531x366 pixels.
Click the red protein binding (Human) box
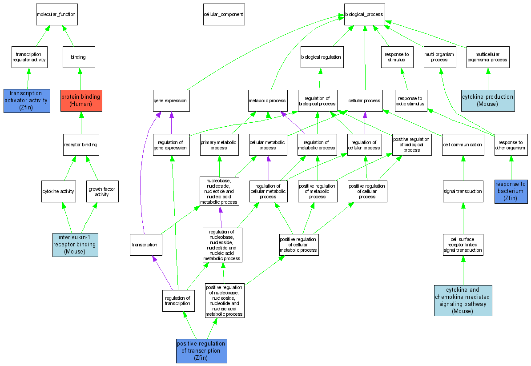(x=80, y=101)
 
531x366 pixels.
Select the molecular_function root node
(x=56, y=14)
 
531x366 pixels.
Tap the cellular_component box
(x=223, y=14)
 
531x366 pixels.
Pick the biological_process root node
(x=364, y=14)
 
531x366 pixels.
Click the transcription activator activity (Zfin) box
(x=27, y=101)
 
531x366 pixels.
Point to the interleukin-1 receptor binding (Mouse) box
(x=75, y=245)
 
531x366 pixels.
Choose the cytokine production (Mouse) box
(x=488, y=101)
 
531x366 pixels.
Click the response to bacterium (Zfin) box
(x=511, y=191)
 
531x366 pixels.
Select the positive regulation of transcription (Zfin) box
(x=201, y=350)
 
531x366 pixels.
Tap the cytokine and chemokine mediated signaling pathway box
(x=463, y=301)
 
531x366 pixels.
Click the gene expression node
(x=171, y=101)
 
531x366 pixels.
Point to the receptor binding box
(x=80, y=145)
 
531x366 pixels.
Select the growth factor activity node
(x=102, y=191)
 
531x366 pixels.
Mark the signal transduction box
(x=463, y=191)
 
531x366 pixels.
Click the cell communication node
(x=463, y=145)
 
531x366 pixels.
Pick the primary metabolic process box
(x=219, y=145)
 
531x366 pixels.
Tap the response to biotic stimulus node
(x=411, y=101)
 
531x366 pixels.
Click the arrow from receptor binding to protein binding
(x=80, y=123)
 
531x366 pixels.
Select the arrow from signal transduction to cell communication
(x=463, y=168)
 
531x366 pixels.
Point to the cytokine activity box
(x=58, y=191)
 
